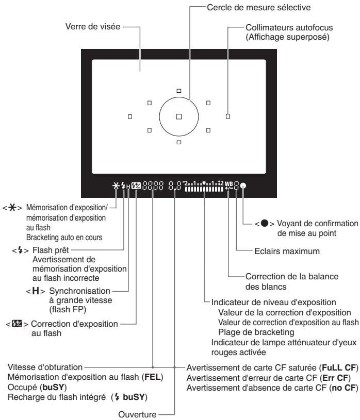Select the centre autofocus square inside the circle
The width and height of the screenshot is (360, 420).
click(x=179, y=116)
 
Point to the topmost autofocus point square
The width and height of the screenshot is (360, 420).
click(x=179, y=91)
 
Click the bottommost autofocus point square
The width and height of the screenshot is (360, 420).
click(x=179, y=141)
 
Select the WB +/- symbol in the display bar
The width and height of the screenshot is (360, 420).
click(x=229, y=184)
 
